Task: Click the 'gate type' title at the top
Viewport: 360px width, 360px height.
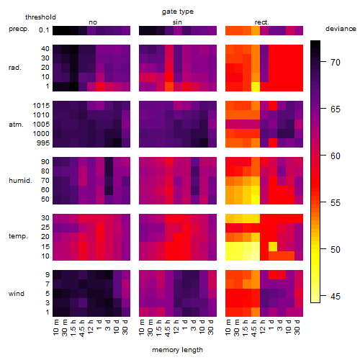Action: pos(178,12)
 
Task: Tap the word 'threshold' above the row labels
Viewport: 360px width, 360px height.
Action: pos(40,17)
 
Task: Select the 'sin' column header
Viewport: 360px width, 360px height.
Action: pos(177,22)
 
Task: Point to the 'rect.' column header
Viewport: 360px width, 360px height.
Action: pos(261,22)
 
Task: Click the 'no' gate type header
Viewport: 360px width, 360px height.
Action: pos(93,22)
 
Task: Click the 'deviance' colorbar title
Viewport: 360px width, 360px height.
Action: pos(341,29)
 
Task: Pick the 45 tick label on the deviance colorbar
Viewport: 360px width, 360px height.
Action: pos(336,297)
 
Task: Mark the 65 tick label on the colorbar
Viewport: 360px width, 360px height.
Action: pos(336,109)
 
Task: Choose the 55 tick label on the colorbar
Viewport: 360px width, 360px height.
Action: pos(336,203)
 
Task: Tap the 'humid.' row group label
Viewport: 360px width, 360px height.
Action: pos(20,181)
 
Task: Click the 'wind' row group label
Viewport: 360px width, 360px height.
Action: pos(17,294)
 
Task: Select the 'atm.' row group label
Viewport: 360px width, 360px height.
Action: pos(16,125)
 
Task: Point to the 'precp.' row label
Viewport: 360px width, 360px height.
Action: pos(19,29)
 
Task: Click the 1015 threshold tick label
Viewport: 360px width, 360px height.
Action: pos(41,106)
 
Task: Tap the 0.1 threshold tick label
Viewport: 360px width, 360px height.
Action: pos(44,30)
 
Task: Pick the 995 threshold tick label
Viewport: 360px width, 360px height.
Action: pos(43,143)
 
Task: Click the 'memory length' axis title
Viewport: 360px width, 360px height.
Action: pos(177,350)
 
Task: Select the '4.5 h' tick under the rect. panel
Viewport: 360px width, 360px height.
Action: pos(254,328)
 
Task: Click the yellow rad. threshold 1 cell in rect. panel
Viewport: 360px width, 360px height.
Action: pos(256,86)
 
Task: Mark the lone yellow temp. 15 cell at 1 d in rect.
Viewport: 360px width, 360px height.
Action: pos(273,246)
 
